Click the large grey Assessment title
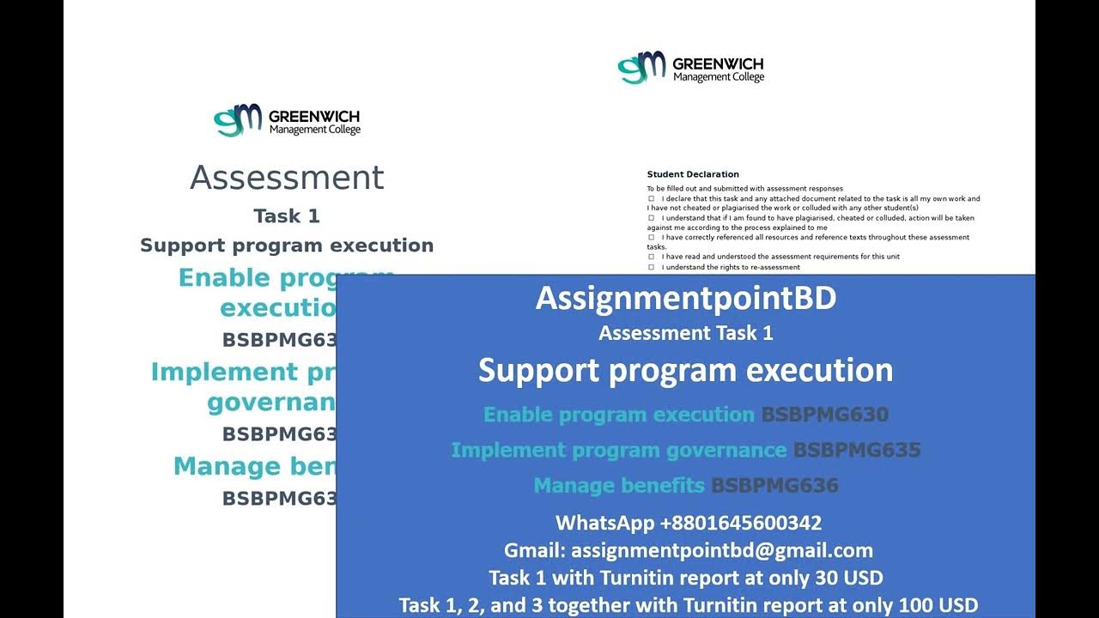(x=287, y=178)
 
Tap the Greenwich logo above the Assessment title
(x=287, y=120)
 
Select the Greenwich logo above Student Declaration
(x=690, y=68)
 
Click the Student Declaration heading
(x=693, y=174)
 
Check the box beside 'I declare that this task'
(x=652, y=198)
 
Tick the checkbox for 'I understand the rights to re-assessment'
(x=652, y=267)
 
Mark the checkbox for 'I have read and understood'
(x=652, y=257)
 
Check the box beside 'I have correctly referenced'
(x=652, y=237)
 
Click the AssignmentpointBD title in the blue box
(x=685, y=298)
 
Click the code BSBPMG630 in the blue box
(x=824, y=415)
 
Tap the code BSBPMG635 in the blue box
(x=856, y=450)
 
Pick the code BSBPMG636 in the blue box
(x=774, y=486)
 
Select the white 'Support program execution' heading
(x=685, y=370)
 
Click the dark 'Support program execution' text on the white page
(x=287, y=245)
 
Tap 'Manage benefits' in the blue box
(x=619, y=486)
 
